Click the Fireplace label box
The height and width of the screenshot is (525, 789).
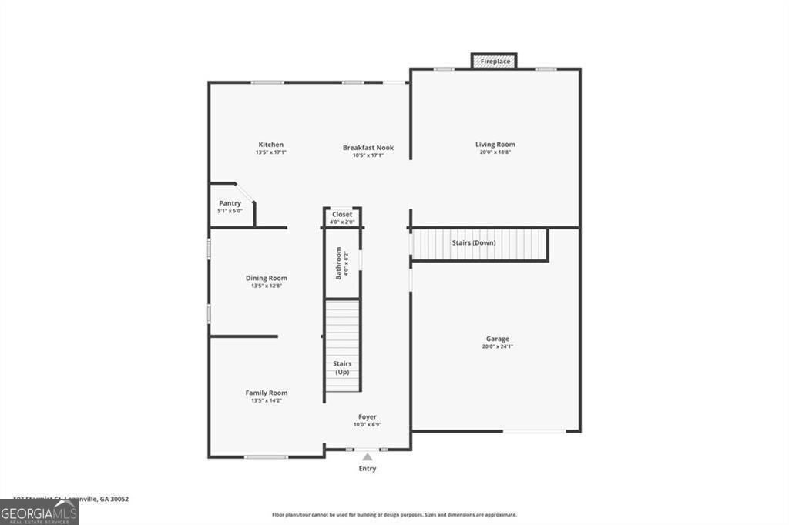point(494,60)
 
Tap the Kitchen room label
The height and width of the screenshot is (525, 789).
point(270,145)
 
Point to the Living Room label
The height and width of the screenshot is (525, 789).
point(495,144)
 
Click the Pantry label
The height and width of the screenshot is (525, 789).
point(230,203)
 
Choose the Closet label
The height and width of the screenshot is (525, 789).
point(342,214)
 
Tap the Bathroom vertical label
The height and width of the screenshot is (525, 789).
point(338,263)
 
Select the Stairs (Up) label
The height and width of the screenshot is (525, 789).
point(341,367)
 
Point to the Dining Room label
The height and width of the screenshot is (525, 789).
point(267,278)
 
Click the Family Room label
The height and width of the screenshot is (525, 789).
point(267,393)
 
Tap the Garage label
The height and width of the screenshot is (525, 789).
point(497,339)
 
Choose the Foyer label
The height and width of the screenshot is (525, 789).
point(368,416)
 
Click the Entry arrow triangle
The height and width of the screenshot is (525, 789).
point(368,457)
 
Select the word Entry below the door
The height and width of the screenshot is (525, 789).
point(368,468)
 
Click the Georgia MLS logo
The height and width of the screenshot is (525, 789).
point(39,512)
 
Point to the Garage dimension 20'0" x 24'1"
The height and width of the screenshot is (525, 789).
point(497,346)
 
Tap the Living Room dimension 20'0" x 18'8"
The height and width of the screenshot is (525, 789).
point(495,152)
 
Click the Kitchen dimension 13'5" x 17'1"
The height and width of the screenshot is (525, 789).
point(270,152)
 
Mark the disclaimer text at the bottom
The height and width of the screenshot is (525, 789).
point(394,514)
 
